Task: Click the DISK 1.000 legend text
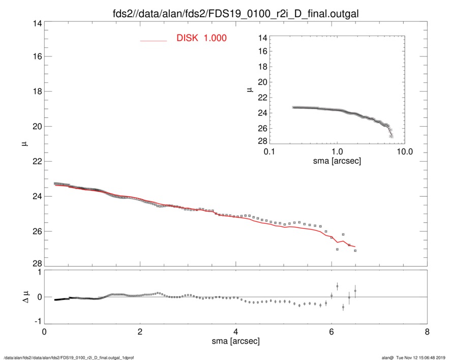[x=201, y=38]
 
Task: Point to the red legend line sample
[x=154, y=40]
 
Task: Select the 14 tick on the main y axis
[x=36, y=24]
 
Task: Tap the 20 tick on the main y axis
[x=36, y=126]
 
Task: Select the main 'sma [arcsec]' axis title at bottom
[x=236, y=342]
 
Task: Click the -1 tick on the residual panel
[x=36, y=322]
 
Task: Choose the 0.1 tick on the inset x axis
[x=269, y=152]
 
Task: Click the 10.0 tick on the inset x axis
[x=405, y=152]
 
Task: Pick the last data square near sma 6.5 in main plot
[x=355, y=251]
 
